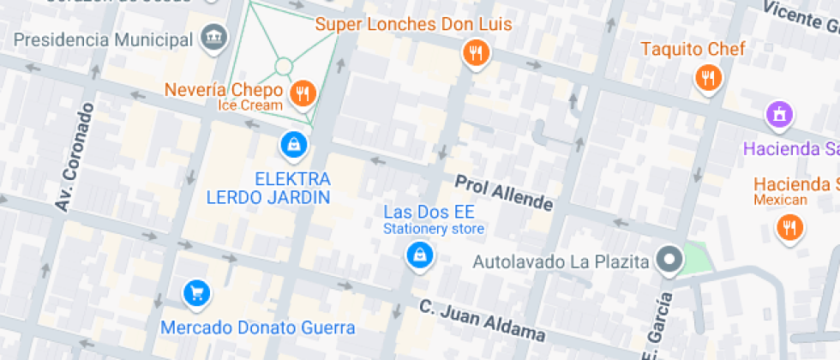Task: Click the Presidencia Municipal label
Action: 103,39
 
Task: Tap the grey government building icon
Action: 213,37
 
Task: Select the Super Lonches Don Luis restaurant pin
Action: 475,54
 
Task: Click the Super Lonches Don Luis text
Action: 413,24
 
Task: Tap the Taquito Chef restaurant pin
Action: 707,79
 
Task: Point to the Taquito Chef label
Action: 693,49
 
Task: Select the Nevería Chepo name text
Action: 224,90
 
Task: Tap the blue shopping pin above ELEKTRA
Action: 293,145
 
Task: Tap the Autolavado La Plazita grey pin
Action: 667,259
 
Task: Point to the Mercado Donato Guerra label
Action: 257,327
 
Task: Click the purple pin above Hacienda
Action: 779,112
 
